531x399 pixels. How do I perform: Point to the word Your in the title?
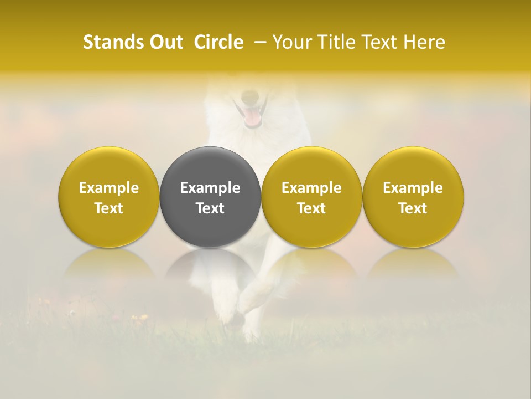[292, 42]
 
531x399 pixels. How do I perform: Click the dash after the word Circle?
[258, 42]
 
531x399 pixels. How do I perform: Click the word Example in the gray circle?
[210, 188]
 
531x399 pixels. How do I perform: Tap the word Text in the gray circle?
[210, 208]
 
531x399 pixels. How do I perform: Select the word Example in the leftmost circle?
[109, 188]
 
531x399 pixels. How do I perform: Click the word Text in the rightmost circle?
[413, 208]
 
